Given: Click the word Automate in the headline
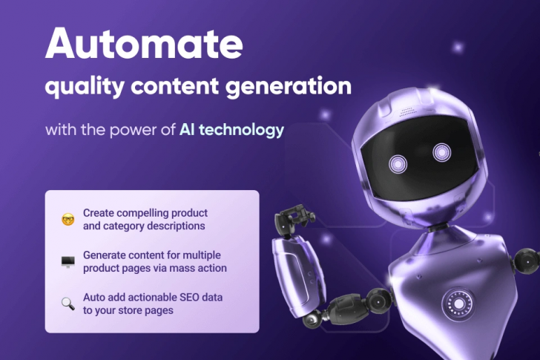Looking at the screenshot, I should (143, 45).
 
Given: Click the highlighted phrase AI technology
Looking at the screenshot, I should (231, 130).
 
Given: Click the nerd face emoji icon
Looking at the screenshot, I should (67, 219).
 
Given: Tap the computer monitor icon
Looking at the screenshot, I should (67, 261).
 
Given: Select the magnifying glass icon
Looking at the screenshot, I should (67, 304).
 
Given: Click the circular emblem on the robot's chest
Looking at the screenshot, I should (456, 303).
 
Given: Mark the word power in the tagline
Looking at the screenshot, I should (135, 130).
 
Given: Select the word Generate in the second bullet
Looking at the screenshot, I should (104, 255).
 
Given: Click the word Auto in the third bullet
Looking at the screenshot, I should (94, 298).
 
